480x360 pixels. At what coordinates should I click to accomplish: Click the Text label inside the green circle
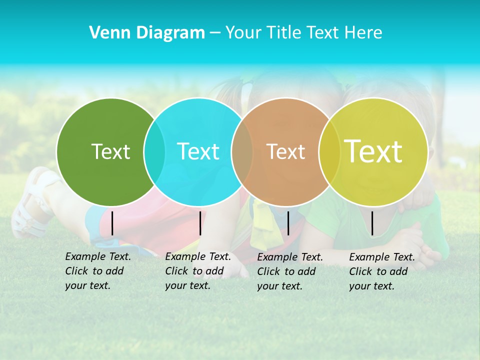[110, 151]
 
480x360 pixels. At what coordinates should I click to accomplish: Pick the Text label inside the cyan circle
[198, 151]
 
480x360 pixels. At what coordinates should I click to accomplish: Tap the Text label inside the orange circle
[285, 151]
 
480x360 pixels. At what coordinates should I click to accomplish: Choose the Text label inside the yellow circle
[373, 151]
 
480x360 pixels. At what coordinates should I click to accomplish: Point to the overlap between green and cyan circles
[154, 151]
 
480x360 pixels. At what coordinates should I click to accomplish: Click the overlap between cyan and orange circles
[242, 151]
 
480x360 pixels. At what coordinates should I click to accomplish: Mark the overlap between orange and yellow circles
[329, 151]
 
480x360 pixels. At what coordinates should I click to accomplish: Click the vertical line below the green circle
[112, 223]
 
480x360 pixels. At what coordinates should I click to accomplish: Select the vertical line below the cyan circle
[200, 223]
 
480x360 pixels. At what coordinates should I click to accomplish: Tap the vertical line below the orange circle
[288, 223]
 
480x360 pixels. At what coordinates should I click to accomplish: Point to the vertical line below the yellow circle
[372, 223]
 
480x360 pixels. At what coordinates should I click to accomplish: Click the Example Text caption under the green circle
[98, 271]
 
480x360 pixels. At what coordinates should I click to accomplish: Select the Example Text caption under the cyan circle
[198, 271]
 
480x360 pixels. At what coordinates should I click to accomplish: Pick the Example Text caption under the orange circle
[290, 271]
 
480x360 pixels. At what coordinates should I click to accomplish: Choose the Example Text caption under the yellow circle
[382, 271]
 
